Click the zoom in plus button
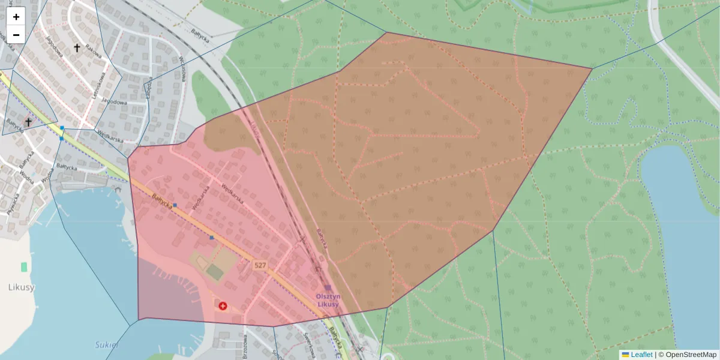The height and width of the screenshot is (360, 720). [16, 17]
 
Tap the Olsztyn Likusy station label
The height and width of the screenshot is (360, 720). [328, 300]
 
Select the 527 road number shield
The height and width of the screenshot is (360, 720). [260, 265]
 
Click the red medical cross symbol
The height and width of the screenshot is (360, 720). [223, 306]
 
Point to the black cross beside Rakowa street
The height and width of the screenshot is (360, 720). [77, 47]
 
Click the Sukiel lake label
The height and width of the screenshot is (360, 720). [107, 345]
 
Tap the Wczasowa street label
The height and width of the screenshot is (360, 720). [182, 67]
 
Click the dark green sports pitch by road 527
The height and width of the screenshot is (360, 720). [215, 272]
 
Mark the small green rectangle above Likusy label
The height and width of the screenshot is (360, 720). [24, 266]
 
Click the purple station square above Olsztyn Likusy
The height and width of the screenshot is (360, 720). [328, 288]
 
